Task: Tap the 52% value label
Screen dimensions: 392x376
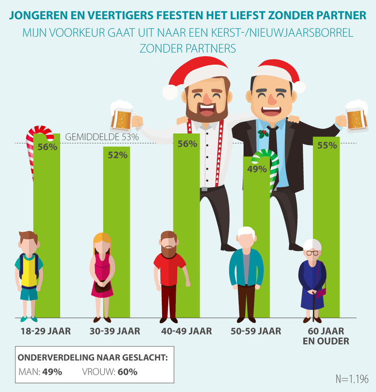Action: click(x=117, y=155)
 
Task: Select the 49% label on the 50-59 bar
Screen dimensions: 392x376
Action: click(x=256, y=169)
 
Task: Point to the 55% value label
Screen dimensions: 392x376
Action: click(x=327, y=145)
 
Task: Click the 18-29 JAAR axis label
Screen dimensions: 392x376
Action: click(x=46, y=331)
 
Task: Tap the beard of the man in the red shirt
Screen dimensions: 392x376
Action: click(x=169, y=249)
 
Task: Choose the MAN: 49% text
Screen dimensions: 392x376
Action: click(x=40, y=372)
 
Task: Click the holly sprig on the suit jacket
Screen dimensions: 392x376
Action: click(x=262, y=134)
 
